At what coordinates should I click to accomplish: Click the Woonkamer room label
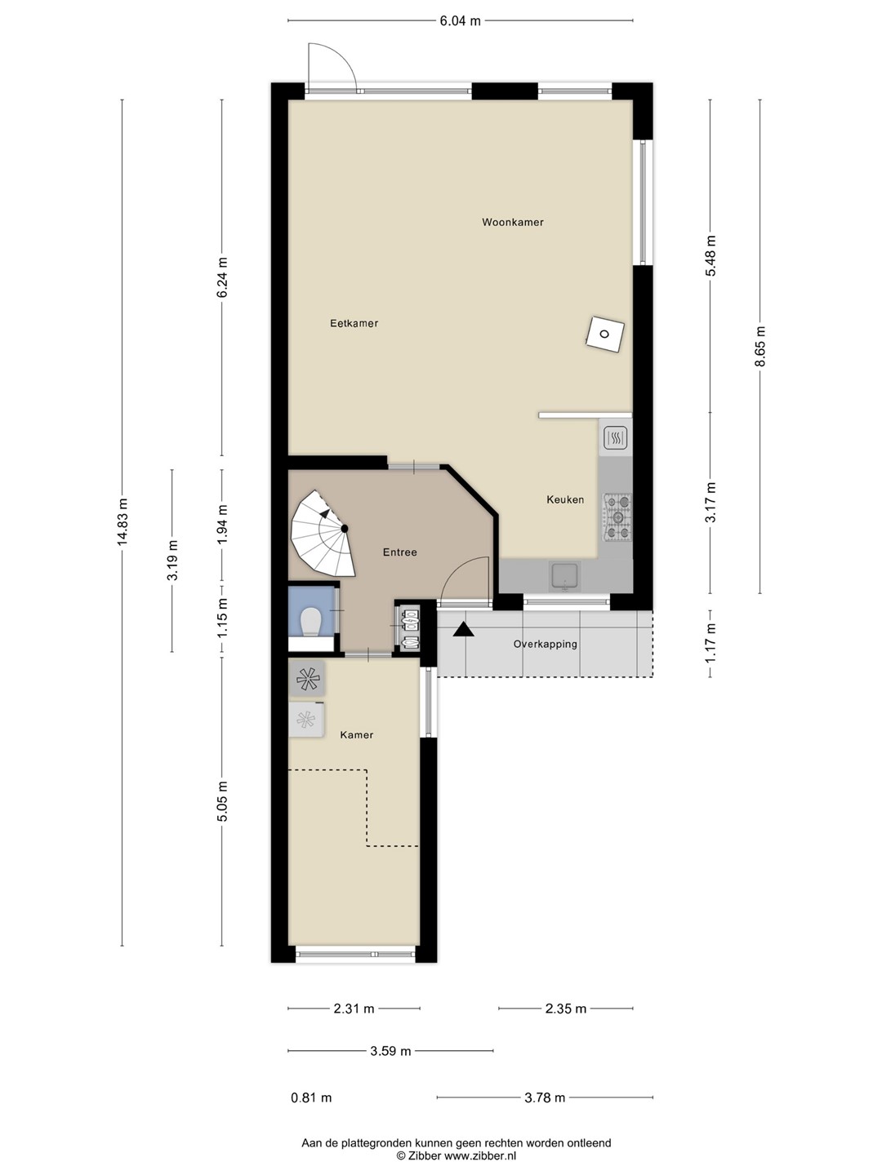point(513,222)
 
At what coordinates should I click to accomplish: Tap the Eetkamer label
point(354,323)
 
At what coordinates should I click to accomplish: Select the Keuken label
point(565,499)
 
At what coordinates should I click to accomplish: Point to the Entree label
point(399,552)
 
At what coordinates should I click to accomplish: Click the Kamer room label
point(357,735)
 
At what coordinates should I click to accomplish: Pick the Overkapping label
point(546,644)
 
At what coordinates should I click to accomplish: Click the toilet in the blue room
point(310,622)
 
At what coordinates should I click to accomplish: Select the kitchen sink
point(564,576)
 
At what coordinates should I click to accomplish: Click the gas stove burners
point(617,517)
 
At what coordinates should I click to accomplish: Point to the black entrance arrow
point(463,630)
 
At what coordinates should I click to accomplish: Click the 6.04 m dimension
point(460,21)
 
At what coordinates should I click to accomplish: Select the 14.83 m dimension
point(122,522)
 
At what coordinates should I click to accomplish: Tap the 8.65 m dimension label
point(759,346)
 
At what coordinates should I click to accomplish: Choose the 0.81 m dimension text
point(311,1098)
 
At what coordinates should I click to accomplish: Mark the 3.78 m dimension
point(545,1098)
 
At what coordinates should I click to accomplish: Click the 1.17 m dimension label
point(710,644)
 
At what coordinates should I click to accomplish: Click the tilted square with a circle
point(604,335)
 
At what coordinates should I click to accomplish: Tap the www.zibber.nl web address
point(480,1155)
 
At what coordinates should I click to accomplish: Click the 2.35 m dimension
point(565,1009)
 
